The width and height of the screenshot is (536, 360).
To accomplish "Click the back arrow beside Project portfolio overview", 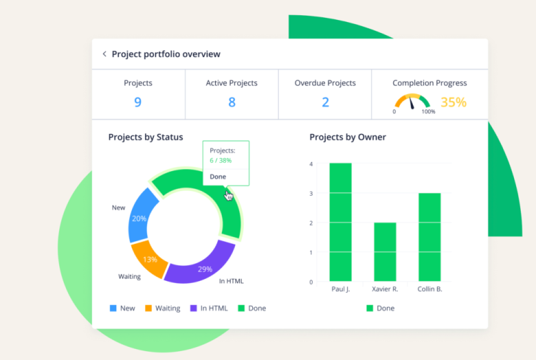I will pyautogui.click(x=104, y=54).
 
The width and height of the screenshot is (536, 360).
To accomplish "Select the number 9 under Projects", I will pyautogui.click(x=138, y=102).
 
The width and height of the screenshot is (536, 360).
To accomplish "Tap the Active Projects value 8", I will pyautogui.click(x=232, y=102).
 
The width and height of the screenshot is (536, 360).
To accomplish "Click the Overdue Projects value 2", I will pyautogui.click(x=325, y=102).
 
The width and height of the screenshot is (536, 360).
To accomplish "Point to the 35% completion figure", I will pyautogui.click(x=453, y=102).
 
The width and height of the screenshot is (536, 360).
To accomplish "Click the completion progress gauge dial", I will pyautogui.click(x=412, y=102).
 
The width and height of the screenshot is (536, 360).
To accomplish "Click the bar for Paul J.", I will pyautogui.click(x=340, y=222).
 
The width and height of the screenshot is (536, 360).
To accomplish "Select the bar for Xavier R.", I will pyautogui.click(x=385, y=251).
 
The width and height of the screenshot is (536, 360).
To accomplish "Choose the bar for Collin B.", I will pyautogui.click(x=429, y=237).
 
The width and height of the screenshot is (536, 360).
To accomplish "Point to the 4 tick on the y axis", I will pyautogui.click(x=311, y=164).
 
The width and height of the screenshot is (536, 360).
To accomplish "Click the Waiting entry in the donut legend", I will pyautogui.click(x=163, y=308).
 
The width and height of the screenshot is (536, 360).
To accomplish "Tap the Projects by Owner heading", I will pyautogui.click(x=348, y=137).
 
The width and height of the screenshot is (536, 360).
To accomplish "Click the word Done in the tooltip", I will pyautogui.click(x=218, y=177).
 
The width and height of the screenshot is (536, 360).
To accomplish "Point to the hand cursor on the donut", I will pyautogui.click(x=229, y=196).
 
